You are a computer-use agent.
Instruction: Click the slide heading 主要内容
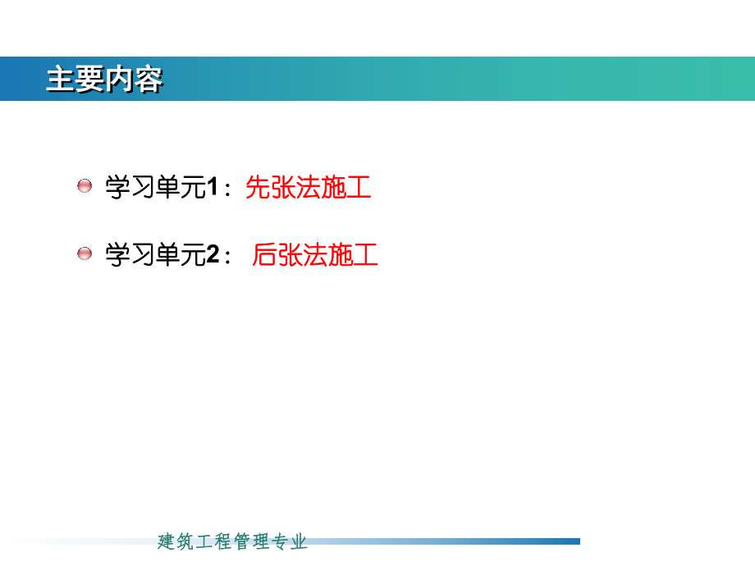click(x=104, y=80)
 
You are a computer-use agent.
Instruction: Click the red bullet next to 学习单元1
click(x=85, y=186)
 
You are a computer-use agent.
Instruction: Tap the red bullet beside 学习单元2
click(x=85, y=253)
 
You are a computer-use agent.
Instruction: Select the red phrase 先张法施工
click(x=309, y=188)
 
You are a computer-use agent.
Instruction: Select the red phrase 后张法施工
click(x=315, y=255)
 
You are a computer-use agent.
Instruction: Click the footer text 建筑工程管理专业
click(x=232, y=541)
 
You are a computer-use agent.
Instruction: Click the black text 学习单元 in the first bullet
click(x=154, y=188)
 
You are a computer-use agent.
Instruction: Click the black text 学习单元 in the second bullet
click(x=154, y=255)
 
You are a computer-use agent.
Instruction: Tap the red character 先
click(x=259, y=188)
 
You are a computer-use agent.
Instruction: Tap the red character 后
click(x=265, y=255)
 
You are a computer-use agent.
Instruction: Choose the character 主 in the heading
click(x=61, y=80)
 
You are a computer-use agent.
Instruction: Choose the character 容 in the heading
click(x=149, y=80)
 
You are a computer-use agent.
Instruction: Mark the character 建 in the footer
click(x=167, y=541)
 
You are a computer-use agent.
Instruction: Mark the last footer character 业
click(x=299, y=541)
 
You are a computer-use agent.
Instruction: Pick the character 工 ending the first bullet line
click(x=359, y=188)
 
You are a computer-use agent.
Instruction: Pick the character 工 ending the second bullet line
click(x=365, y=255)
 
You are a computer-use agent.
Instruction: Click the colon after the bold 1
click(x=227, y=190)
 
